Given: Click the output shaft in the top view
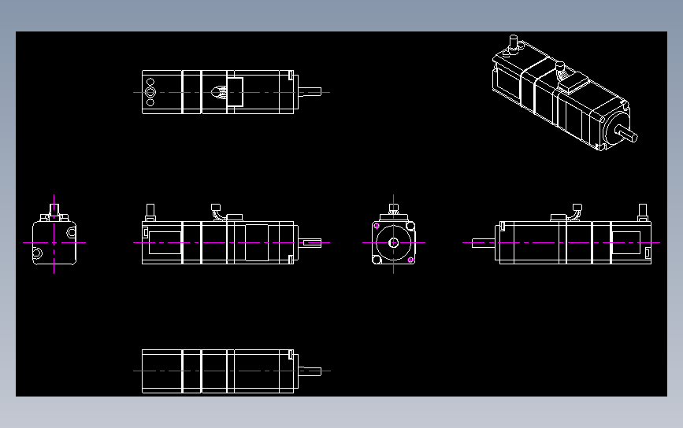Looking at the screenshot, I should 311,91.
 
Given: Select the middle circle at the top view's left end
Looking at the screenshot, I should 150,91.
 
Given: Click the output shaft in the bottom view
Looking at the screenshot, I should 311,371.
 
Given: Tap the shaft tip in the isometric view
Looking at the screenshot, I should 633,136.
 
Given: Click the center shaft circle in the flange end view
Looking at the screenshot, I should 393,242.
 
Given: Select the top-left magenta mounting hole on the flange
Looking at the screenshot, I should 377,227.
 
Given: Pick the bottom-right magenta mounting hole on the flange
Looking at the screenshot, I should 410,260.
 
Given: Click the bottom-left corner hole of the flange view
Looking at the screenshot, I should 377,260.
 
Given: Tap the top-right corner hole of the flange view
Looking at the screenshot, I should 410,227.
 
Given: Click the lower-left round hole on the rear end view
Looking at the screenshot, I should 38,253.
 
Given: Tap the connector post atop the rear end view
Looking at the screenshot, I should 54,210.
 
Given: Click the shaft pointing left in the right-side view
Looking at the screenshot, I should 483,242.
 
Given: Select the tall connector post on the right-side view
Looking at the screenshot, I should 643,211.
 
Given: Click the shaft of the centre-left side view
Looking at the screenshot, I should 310,242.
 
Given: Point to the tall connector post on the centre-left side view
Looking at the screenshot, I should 149,211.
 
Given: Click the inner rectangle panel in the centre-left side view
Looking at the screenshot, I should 164,242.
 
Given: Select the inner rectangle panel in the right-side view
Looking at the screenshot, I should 629,242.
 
